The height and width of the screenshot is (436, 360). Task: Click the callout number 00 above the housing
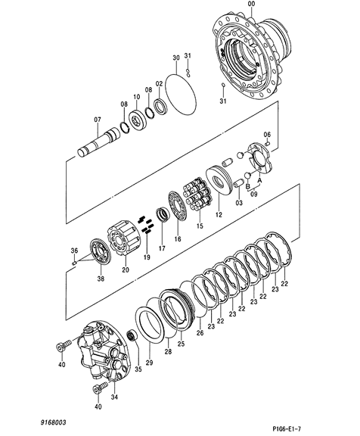(x=251, y=4)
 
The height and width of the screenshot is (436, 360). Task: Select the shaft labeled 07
(x=98, y=142)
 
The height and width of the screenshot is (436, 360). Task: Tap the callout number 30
(x=176, y=58)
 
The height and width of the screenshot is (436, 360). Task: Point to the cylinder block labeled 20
(x=123, y=238)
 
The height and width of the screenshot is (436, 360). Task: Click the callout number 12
(x=219, y=214)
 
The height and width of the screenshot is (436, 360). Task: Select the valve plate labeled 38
(x=101, y=251)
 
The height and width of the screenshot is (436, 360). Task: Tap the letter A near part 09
(x=259, y=180)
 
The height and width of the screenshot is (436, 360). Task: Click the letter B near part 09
(x=248, y=185)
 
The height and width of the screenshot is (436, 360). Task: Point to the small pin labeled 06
(x=268, y=144)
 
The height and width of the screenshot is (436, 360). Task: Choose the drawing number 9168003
(x=54, y=422)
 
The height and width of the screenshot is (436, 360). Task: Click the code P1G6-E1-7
(x=287, y=428)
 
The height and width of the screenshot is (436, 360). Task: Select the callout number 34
(x=114, y=397)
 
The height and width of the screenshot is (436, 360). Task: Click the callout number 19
(x=147, y=257)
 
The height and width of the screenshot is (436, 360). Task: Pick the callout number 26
(x=200, y=332)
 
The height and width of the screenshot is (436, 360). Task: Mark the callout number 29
(x=149, y=363)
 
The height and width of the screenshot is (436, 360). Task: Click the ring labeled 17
(x=163, y=215)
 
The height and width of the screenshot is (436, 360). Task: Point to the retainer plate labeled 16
(x=178, y=206)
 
